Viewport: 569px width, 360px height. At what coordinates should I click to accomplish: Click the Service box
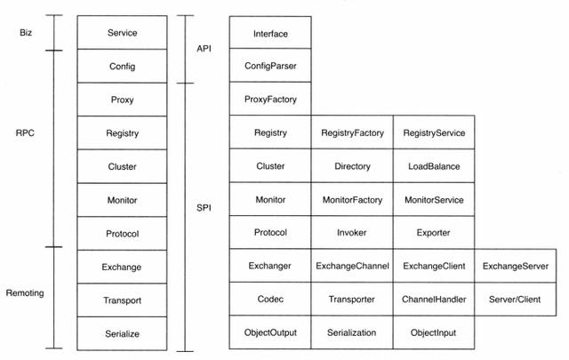122,32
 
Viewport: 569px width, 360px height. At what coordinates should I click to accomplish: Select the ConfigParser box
270,65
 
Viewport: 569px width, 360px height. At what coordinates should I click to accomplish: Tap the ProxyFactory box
270,99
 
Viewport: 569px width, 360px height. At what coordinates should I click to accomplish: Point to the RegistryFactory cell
352,132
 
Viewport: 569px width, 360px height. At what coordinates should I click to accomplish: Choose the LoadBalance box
434,166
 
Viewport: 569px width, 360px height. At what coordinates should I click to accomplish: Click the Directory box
352,166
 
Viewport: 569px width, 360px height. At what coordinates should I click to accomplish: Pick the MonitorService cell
434,199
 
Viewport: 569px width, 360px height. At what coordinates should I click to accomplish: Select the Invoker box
352,232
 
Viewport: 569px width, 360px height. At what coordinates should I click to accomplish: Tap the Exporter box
434,232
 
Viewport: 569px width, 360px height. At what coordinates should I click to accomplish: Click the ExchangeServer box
516,266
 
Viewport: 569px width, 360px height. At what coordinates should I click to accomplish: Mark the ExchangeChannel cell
352,266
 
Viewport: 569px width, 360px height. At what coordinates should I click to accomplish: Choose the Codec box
270,299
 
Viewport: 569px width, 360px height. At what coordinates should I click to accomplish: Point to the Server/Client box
516,299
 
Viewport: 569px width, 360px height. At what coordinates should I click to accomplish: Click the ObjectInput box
434,332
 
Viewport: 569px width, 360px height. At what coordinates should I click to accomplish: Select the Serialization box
352,332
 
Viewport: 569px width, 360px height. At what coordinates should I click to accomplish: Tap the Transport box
122,300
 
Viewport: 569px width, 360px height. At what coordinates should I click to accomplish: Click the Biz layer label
26,33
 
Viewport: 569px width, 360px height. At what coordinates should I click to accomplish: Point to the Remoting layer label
25,292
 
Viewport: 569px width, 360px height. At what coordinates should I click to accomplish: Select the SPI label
204,208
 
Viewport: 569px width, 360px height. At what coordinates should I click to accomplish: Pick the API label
204,48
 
